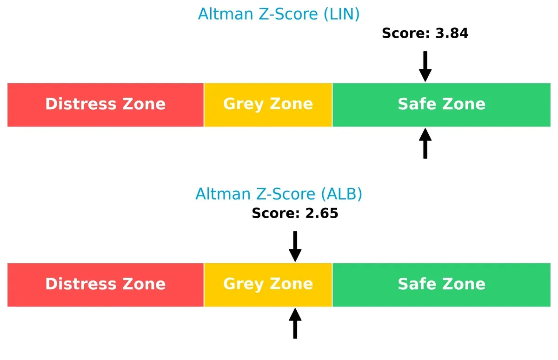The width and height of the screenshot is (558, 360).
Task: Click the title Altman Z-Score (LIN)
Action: click(x=279, y=14)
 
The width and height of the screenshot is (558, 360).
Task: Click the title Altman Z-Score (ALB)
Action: click(x=279, y=194)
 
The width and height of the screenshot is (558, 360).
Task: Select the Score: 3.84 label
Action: click(x=425, y=33)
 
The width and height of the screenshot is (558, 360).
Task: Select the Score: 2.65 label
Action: click(x=295, y=213)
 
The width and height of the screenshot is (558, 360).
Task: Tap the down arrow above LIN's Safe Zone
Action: click(x=425, y=67)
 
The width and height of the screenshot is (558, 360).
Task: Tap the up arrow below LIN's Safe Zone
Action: click(x=425, y=144)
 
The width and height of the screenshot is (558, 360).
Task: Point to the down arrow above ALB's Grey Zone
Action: click(x=295, y=247)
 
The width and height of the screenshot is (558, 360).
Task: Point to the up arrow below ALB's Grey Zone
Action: click(x=295, y=324)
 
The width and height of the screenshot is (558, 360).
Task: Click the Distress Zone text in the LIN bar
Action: click(x=105, y=104)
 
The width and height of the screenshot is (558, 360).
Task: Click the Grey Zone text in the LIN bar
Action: click(x=268, y=104)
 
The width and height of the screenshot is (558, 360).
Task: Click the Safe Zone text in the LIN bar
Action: click(x=441, y=104)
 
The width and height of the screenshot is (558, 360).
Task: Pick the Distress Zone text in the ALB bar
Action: click(x=105, y=284)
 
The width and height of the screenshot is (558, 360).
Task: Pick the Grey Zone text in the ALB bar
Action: click(x=268, y=284)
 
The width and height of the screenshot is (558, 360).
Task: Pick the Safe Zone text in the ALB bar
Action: click(x=441, y=284)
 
